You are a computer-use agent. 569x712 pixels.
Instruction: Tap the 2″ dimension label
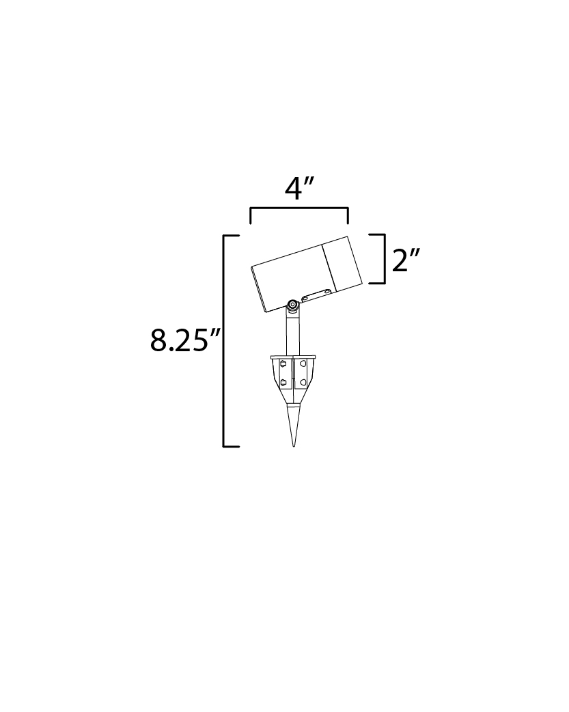pos(405,260)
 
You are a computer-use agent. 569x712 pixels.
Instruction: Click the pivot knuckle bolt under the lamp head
pos(292,305)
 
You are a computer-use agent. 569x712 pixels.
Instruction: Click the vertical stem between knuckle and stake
pos(292,335)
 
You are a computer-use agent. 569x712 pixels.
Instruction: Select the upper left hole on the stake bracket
pos(283,364)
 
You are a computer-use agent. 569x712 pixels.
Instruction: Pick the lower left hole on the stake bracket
pos(283,382)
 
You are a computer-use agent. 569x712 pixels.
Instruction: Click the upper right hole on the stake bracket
pos(303,364)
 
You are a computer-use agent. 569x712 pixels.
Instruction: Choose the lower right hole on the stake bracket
pos(303,382)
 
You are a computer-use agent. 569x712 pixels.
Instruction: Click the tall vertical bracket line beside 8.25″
pos(224,340)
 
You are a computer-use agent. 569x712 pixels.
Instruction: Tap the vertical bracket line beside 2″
pos(385,258)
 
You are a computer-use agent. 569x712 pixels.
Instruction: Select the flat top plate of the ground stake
pos(293,356)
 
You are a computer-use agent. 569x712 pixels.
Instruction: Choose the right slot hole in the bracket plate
pos(327,292)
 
